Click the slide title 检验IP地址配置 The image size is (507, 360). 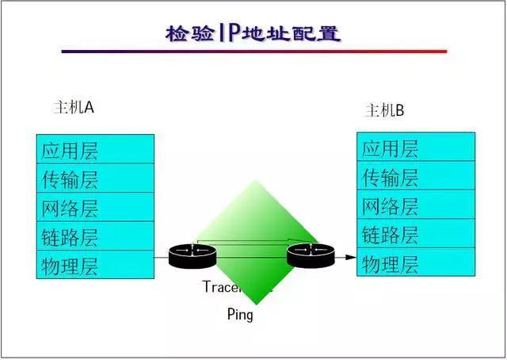[x=253, y=33]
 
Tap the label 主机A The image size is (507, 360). [x=73, y=107]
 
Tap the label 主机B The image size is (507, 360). [x=384, y=110]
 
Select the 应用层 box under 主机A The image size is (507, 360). [x=95, y=150]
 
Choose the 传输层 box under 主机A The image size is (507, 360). [x=95, y=178]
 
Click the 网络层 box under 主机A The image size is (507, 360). [x=95, y=207]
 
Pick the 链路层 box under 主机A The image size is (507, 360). [x=95, y=236]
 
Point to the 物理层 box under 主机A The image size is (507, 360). [x=95, y=264]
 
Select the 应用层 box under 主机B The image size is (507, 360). [x=415, y=147]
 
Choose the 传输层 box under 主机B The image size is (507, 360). [x=415, y=176]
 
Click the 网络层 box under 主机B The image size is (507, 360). [x=415, y=205]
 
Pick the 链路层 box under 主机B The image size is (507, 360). [x=415, y=234]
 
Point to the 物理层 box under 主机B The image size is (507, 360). [x=415, y=262]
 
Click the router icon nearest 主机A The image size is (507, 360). [x=193, y=255]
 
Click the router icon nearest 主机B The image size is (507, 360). [x=311, y=255]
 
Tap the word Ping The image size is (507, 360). [x=240, y=315]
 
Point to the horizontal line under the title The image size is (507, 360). [x=253, y=52]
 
